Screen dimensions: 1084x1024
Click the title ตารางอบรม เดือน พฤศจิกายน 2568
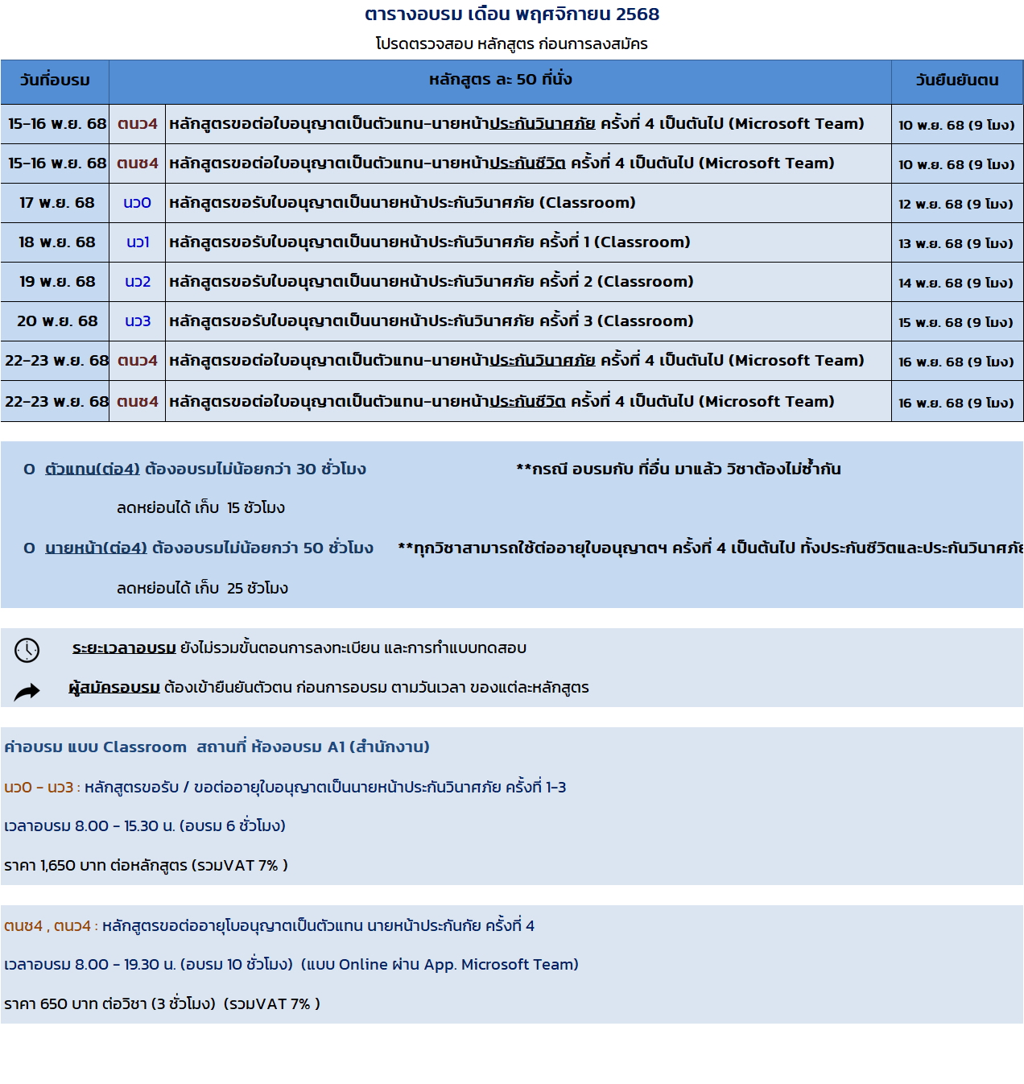512,14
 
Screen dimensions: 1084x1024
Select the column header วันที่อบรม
55,81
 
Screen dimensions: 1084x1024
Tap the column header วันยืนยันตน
956,81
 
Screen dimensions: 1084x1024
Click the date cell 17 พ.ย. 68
56,203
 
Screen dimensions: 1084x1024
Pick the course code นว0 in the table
137,203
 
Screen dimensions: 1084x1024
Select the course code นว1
138,242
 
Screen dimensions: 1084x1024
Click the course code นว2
138,282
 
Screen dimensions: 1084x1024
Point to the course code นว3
138,321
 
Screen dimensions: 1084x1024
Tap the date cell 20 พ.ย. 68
57,321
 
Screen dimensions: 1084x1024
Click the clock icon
27,650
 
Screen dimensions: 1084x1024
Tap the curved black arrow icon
27,691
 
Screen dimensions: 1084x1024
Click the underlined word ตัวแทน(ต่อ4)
93,470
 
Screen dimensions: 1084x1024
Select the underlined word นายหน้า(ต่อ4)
96,548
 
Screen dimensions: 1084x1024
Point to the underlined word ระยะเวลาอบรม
124,648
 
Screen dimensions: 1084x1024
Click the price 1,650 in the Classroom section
58,866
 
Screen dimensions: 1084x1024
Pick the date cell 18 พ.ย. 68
56,242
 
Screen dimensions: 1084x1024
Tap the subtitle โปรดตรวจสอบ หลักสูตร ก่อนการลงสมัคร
511,44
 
